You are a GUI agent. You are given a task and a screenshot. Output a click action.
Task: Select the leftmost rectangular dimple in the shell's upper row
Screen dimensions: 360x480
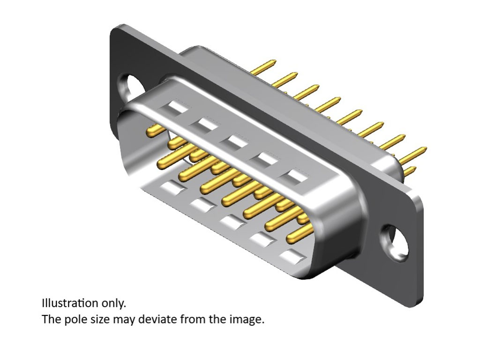pos(177,108)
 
